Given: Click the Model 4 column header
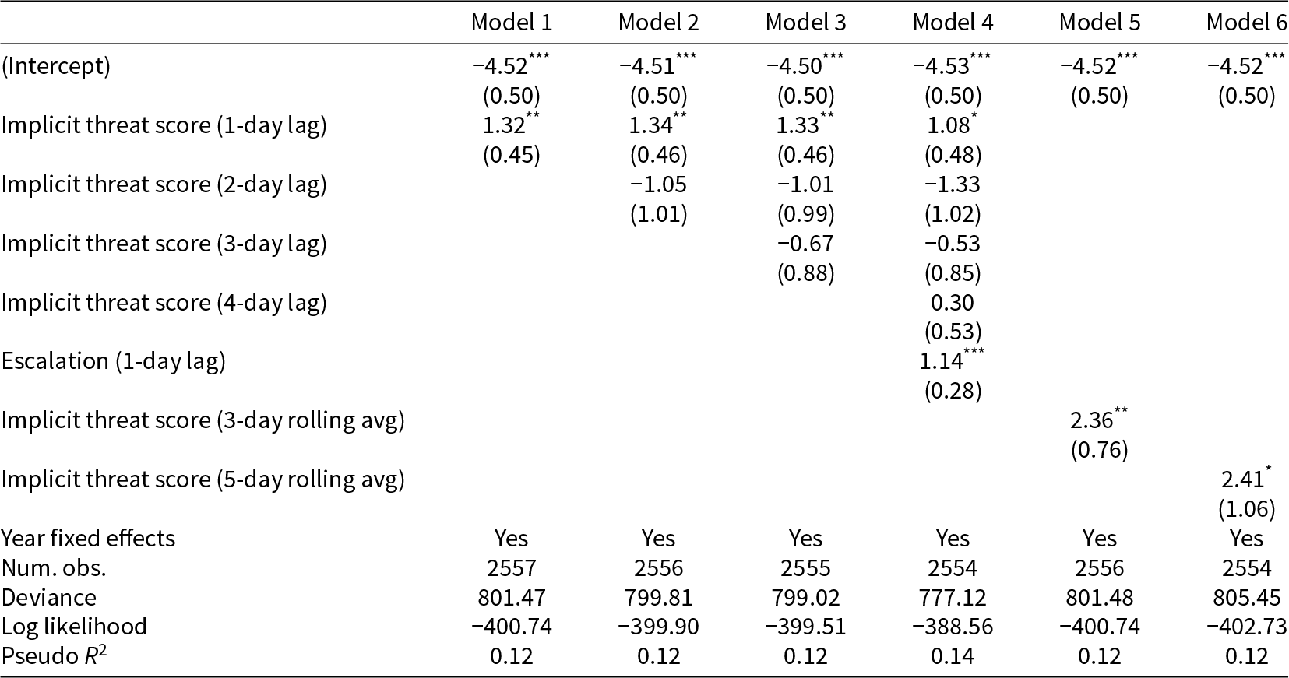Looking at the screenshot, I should tap(953, 23).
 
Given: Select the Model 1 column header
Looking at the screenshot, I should tap(511, 23).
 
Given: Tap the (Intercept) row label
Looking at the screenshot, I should tap(55, 66).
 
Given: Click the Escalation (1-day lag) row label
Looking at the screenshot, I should tap(113, 361).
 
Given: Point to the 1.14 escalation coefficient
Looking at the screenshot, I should tap(942, 361).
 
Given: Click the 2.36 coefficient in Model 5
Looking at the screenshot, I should tap(1091, 420).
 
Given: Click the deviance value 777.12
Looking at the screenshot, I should tap(953, 598).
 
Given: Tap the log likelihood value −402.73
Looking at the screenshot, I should tap(1246, 627).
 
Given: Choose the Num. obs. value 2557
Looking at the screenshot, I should tap(511, 568).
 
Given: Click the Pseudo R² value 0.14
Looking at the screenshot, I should tap(953, 657).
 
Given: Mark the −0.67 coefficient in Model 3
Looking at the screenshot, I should tap(805, 244).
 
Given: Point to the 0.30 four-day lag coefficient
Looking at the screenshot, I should tap(953, 303).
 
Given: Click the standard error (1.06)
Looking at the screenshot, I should tap(1246, 509).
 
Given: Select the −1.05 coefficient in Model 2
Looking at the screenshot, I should tap(658, 184).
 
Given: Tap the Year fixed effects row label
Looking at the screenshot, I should tap(88, 539).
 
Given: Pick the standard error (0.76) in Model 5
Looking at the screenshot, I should tap(1099, 450).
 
